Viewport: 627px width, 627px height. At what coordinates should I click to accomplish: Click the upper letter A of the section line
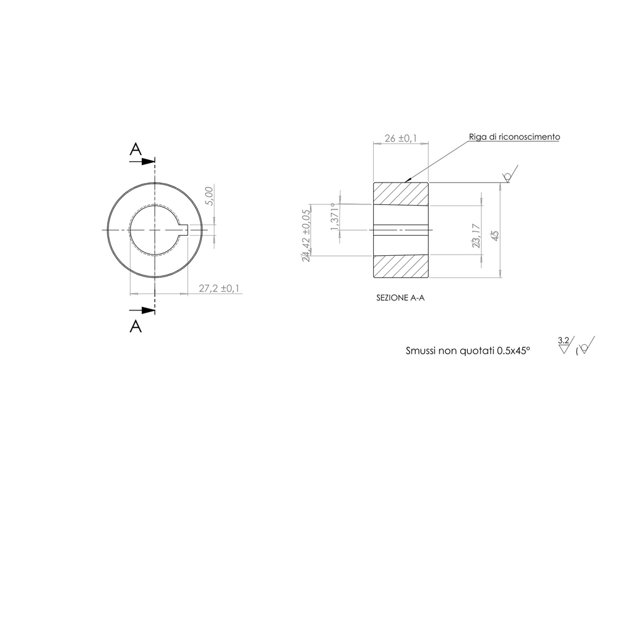135,149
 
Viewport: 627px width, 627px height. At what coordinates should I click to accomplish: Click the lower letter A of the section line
135,326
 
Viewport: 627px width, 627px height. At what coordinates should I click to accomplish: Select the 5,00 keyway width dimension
210,196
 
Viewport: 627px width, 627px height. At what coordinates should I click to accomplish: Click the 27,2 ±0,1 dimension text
219,288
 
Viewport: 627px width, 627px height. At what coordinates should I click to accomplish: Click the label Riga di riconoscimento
514,137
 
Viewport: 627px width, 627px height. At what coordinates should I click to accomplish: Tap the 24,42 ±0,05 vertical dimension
306,236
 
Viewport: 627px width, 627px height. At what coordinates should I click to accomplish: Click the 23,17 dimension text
477,236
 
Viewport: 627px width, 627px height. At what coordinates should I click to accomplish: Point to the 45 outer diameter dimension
495,236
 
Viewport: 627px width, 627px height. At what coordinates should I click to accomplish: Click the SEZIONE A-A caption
400,298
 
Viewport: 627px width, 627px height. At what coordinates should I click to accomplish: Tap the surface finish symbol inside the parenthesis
586,347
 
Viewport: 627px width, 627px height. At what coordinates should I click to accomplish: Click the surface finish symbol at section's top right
509,175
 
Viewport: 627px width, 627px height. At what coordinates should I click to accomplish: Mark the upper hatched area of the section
401,194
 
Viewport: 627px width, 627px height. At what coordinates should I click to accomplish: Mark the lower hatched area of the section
401,266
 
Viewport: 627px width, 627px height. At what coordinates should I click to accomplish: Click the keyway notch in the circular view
185,229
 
